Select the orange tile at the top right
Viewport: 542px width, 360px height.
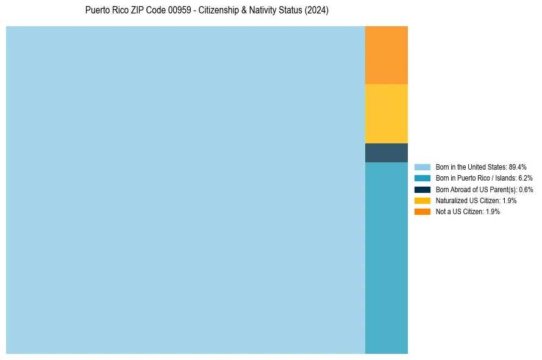(x=387, y=55)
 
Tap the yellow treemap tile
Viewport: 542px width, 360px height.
(x=387, y=113)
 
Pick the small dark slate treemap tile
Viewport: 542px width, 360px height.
(x=387, y=153)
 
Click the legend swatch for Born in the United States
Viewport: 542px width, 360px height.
(x=423, y=167)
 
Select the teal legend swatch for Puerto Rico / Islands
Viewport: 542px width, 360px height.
(x=423, y=178)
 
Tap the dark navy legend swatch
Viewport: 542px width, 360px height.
(x=423, y=189)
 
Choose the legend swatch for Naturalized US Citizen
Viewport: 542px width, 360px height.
(x=423, y=200)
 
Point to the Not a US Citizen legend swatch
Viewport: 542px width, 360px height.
(x=423, y=211)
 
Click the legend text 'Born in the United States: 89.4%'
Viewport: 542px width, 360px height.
(x=481, y=167)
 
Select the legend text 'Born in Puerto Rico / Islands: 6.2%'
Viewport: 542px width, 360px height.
(x=484, y=178)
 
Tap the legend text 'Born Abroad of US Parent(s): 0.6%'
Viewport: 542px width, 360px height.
(x=485, y=189)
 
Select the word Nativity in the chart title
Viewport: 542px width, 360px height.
(x=263, y=11)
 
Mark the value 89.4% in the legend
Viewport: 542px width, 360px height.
(x=518, y=167)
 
